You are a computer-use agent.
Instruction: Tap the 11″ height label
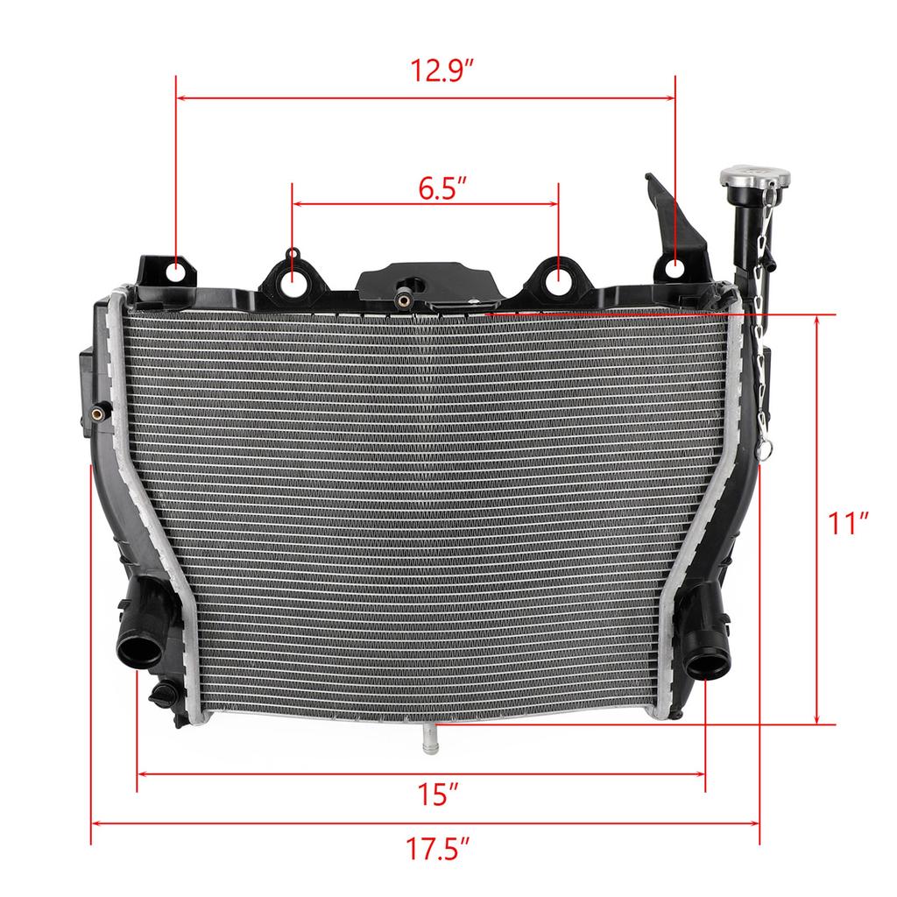click(x=848, y=524)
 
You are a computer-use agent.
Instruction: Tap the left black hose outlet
click(x=141, y=652)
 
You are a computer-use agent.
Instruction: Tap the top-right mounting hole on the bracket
click(x=676, y=266)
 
